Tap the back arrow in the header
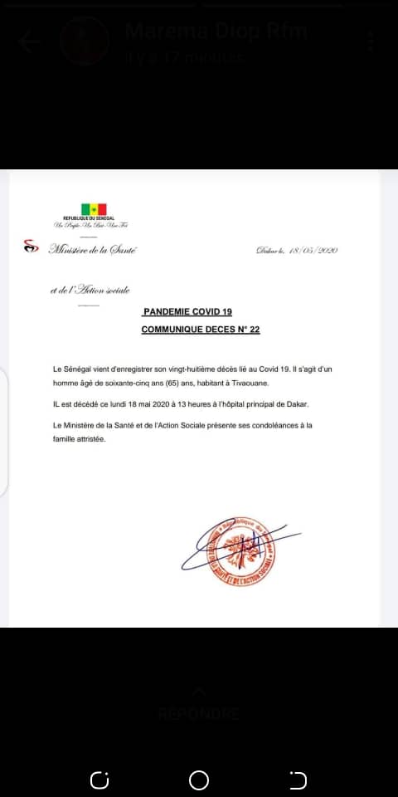(x=31, y=42)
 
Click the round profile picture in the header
(x=85, y=42)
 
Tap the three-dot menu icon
(x=371, y=42)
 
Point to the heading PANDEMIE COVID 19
(x=187, y=312)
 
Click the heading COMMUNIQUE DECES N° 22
(x=201, y=330)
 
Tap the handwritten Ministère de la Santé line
(x=93, y=248)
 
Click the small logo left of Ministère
(x=32, y=247)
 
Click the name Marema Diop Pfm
(x=216, y=32)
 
